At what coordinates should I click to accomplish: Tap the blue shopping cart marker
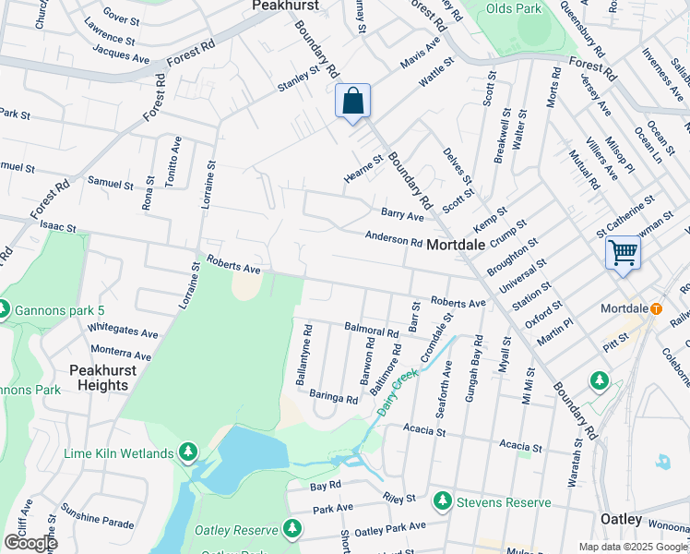click(x=623, y=252)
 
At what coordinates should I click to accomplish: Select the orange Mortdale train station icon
click(x=656, y=307)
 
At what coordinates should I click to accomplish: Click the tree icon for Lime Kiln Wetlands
click(x=188, y=452)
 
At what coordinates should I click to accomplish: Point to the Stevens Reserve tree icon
click(x=443, y=501)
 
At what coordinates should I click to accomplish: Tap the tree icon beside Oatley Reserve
click(x=292, y=529)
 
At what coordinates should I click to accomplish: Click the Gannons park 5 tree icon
click(x=4, y=307)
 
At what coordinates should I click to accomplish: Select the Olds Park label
click(x=512, y=8)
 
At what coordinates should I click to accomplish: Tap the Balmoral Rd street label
click(x=371, y=329)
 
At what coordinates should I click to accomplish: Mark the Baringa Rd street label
click(x=333, y=397)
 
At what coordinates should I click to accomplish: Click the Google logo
click(x=30, y=543)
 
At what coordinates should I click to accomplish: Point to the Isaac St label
click(x=57, y=225)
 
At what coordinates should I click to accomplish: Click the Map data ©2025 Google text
click(x=632, y=547)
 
